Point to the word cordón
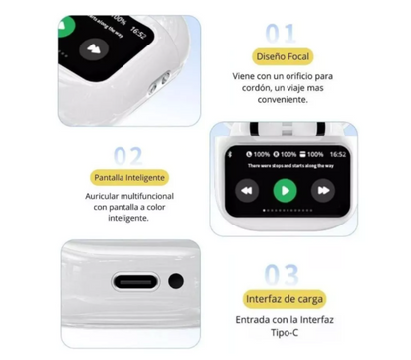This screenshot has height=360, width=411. pyautogui.click(x=251, y=87)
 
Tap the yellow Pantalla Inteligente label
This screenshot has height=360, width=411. pyautogui.click(x=128, y=179)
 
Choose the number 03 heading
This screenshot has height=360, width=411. pyautogui.click(x=282, y=274)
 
